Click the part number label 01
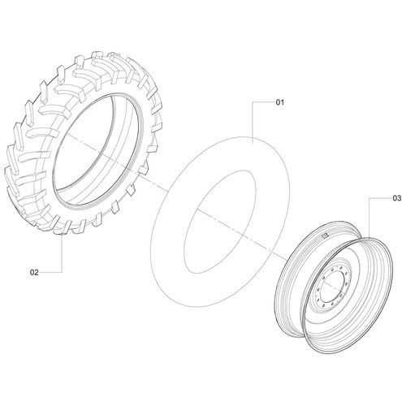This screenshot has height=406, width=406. tap(280, 102)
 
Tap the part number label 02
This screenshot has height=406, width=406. tap(34, 272)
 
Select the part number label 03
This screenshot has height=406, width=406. tap(397, 198)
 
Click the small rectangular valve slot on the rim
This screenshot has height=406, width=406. tap(325, 235)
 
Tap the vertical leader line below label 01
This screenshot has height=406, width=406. tap(253, 122)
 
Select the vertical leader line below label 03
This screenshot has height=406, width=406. tap(369, 218)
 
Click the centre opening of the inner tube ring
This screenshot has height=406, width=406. tap(220, 222)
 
